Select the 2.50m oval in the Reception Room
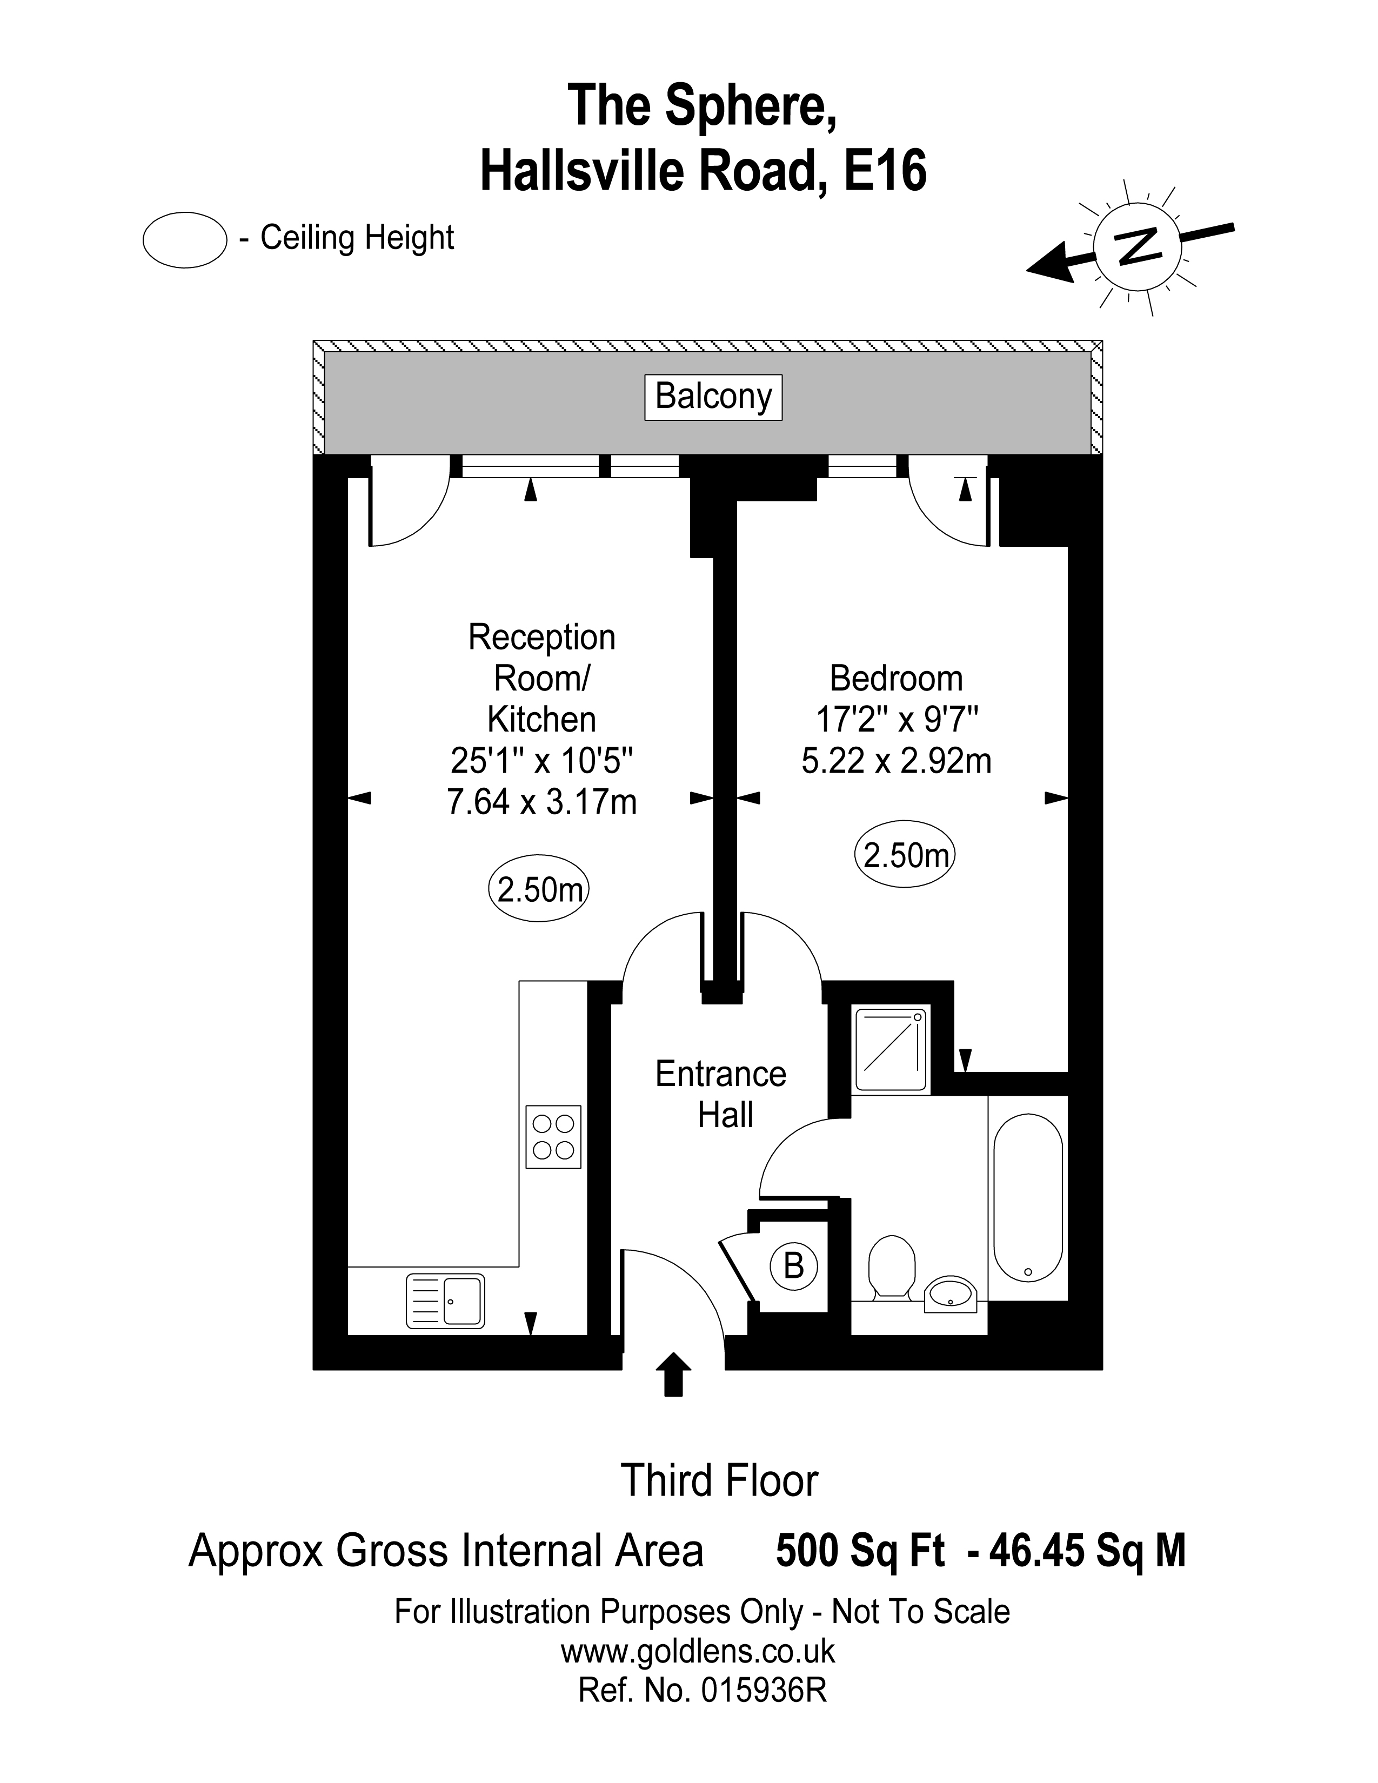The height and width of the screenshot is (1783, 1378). (x=539, y=889)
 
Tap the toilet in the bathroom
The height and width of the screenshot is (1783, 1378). (x=892, y=1268)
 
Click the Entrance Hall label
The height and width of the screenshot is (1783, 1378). (x=721, y=1094)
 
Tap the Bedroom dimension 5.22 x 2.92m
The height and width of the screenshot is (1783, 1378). (x=897, y=761)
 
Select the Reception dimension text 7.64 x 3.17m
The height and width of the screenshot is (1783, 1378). (x=541, y=802)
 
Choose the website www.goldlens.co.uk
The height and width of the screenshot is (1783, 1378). (x=698, y=1652)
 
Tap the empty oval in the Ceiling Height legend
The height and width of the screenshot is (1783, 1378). (x=184, y=239)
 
